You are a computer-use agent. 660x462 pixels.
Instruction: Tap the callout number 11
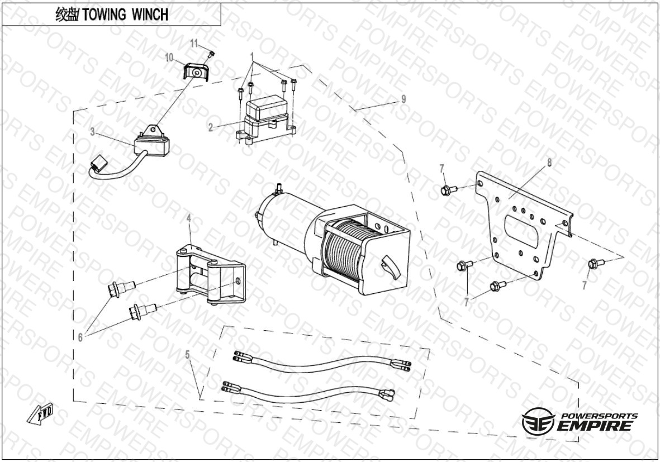pos(194,43)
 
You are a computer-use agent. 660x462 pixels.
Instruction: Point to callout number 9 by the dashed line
pos(403,99)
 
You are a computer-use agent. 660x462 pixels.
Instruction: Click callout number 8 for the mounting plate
pos(549,163)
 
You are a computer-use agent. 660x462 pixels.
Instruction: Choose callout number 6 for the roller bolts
pos(80,337)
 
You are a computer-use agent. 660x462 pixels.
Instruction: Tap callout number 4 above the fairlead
pos(189,219)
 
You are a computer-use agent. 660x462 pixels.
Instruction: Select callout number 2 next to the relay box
pos(210,127)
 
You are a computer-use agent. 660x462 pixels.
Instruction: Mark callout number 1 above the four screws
pos(253,56)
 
